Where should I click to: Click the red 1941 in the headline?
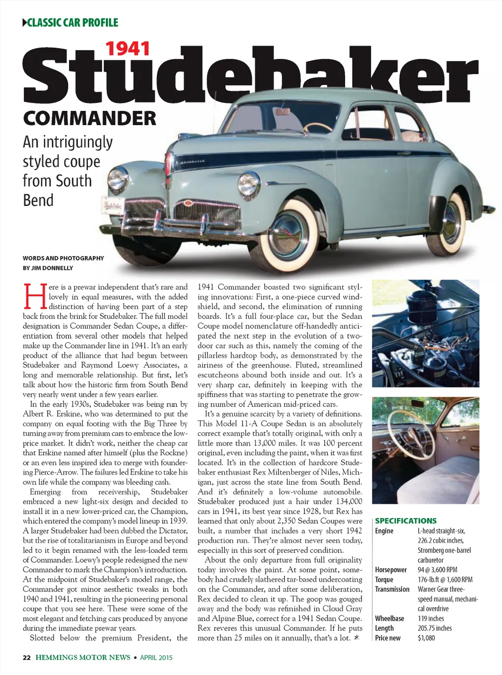128,49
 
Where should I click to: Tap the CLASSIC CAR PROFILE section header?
73,23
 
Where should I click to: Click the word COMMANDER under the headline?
89,118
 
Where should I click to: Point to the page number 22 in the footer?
26,657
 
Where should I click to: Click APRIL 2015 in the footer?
156,657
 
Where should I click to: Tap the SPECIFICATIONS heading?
405,520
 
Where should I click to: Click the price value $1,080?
426,638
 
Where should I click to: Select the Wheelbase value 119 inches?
430,618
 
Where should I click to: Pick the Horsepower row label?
391,570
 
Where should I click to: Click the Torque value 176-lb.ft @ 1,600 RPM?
445,579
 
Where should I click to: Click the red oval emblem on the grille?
189,203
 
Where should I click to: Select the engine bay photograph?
426,334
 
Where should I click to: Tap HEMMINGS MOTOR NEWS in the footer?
83,657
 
